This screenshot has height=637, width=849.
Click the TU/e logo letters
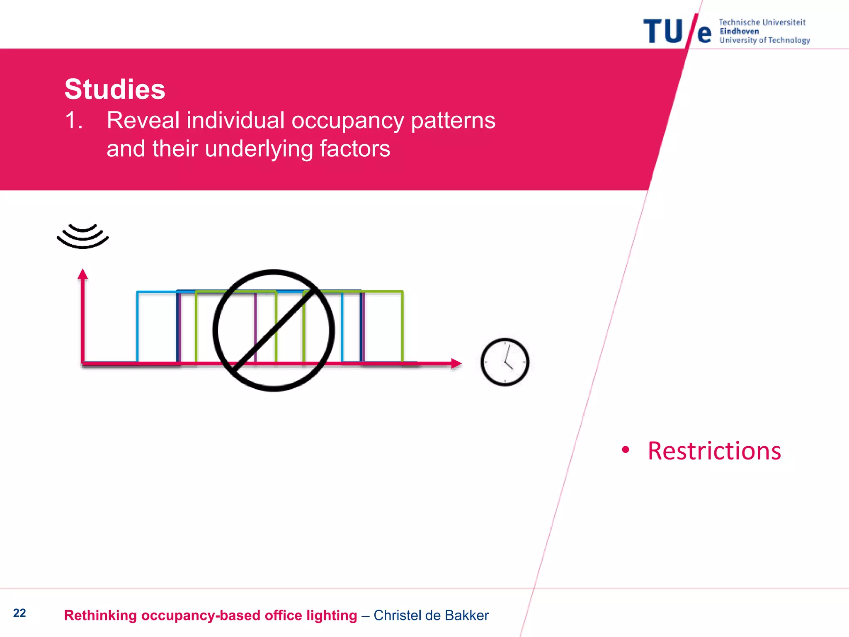tap(677, 32)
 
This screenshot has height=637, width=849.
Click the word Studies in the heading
tap(115, 89)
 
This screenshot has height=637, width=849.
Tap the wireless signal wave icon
tap(83, 236)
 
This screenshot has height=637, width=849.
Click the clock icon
tap(505, 362)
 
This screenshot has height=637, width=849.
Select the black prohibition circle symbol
tap(273, 330)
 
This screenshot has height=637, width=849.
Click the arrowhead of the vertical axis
tap(83, 274)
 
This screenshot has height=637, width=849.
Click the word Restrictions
tap(714, 451)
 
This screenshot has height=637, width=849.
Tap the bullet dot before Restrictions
tap(626, 450)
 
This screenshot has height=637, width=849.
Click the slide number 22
tap(19, 613)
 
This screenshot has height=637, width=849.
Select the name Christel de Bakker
tap(431, 615)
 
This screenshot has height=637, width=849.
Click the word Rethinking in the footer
tap(100, 615)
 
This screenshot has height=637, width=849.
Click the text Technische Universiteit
tap(762, 22)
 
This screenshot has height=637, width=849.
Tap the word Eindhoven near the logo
tap(739, 32)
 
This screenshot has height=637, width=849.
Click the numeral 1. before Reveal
tap(74, 121)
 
